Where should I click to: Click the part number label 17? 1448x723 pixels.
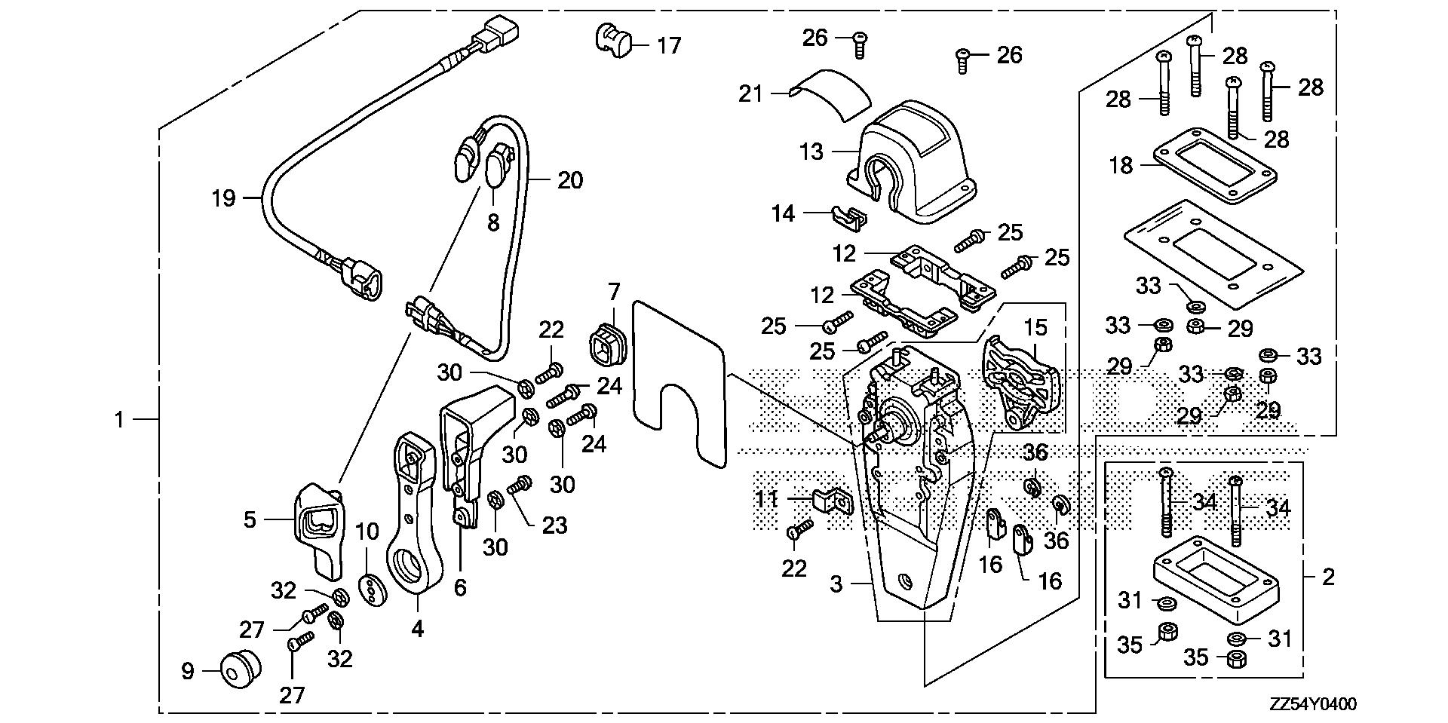[668, 46]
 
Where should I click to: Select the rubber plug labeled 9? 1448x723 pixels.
[241, 669]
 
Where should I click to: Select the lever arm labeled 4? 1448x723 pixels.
[414, 520]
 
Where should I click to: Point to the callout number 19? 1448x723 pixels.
[224, 199]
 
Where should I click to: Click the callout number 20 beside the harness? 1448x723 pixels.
[570, 181]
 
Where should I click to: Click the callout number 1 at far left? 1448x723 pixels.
[119, 419]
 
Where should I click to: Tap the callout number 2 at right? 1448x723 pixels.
[1328, 577]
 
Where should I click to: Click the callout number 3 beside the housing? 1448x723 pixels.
[836, 584]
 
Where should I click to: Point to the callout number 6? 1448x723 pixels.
[460, 587]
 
